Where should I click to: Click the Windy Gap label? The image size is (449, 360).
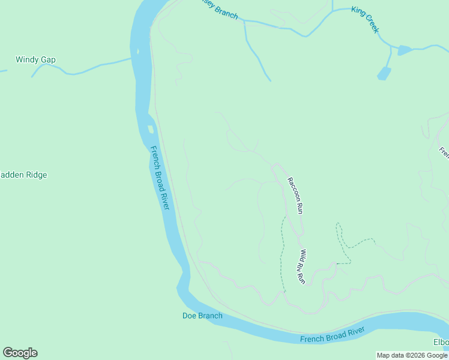tap(35, 59)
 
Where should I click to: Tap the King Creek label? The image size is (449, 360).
tap(366, 20)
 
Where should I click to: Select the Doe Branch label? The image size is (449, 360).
tap(202, 316)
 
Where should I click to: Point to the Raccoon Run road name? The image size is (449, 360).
tap(295, 196)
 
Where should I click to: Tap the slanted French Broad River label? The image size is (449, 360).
tap(160, 178)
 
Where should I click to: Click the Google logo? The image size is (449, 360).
tap(20, 353)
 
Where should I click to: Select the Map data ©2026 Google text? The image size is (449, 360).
tap(412, 355)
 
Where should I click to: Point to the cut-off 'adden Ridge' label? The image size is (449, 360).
tap(23, 175)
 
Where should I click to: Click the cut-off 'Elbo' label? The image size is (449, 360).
tap(441, 343)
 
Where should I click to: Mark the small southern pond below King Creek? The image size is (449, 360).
tap(384, 74)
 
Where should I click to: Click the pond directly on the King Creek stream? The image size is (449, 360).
tap(405, 50)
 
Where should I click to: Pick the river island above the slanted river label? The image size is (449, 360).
tap(151, 129)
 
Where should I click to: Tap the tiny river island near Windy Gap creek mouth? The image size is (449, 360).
tap(137, 52)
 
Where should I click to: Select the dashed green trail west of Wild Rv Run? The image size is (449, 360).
tap(281, 252)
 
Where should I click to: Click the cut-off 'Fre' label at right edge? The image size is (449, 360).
tap(444, 152)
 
